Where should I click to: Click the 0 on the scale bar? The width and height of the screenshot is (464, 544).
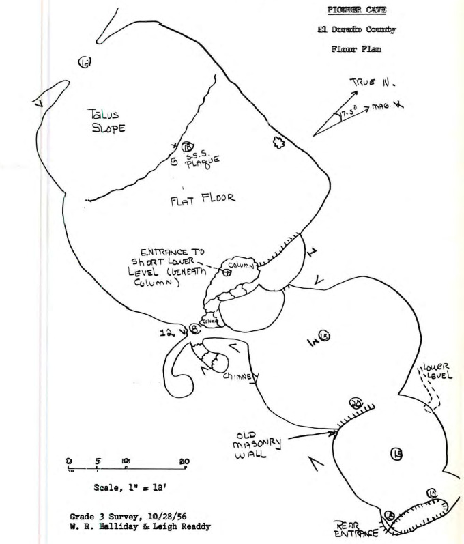click(69, 461)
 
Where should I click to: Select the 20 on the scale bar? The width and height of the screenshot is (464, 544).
click(184, 461)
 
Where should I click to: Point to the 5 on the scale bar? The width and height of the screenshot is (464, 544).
click(98, 461)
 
